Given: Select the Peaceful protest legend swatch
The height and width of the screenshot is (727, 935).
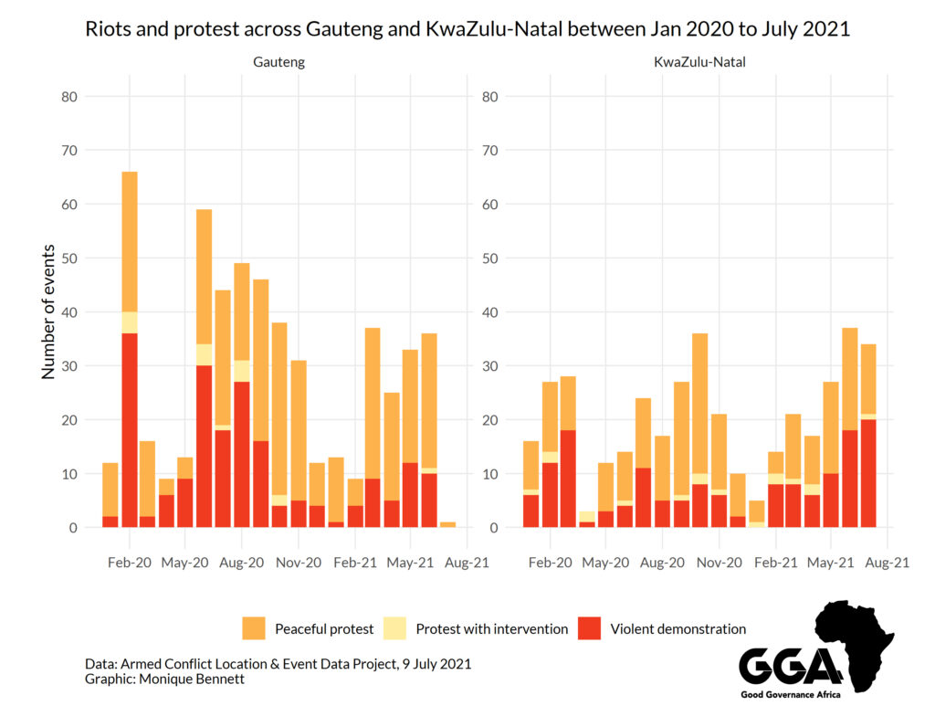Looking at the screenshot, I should click(254, 628).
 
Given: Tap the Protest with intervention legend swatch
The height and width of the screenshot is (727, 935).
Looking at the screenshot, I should click(394, 628).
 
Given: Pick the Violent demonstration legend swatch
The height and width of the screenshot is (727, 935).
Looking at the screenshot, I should click(590, 628).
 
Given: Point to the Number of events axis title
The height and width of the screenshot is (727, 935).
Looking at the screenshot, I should click(48, 311).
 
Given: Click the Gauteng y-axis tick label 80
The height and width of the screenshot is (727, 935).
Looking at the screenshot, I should click(70, 97).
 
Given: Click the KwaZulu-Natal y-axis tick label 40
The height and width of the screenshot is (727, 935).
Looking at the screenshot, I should click(489, 312).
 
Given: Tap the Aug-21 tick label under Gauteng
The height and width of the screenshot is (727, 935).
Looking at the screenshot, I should click(467, 563).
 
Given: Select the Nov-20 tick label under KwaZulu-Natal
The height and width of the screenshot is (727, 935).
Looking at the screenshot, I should click(720, 563).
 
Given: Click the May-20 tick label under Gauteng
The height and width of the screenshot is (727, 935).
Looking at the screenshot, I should click(185, 563).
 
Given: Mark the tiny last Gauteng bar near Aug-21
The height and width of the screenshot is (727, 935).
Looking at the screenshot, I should click(447, 525).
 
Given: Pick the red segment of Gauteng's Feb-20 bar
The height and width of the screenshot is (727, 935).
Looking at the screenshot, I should click(130, 430).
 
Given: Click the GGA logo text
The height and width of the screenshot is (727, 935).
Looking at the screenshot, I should click(791, 667).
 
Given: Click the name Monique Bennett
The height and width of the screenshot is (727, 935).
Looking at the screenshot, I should click(186, 680).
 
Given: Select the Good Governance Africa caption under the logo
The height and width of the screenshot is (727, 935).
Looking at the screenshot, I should click(791, 696).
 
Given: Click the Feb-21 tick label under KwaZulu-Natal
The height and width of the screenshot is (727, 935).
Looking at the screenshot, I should click(776, 563).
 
